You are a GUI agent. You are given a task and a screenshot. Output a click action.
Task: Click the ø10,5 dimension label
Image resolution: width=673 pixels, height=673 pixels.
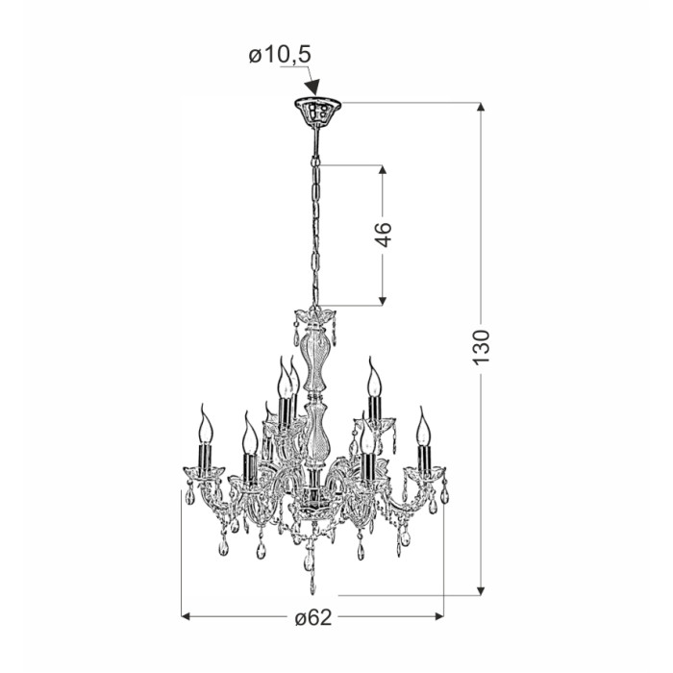coord(280,56)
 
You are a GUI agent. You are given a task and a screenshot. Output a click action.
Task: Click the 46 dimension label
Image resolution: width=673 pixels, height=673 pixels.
coord(384,235)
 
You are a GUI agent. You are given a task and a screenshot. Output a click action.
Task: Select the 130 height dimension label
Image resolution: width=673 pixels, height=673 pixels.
coord(481,347)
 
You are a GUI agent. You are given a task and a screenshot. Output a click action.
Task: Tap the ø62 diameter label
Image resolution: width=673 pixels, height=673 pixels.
coord(313,617)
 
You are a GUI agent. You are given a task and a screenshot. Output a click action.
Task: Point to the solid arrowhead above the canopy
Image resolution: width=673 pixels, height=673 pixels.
coord(312,87)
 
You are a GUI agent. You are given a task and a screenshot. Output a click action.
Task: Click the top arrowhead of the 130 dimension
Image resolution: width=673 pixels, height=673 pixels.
coord(481,108)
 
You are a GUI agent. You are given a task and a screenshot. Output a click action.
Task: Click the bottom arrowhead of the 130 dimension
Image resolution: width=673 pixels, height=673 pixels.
coord(481,590)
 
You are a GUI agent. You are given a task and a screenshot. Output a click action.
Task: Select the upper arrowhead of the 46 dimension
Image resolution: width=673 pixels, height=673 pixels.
coord(383,169)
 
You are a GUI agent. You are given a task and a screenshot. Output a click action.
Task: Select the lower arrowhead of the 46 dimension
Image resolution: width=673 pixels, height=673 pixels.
coord(383,301)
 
